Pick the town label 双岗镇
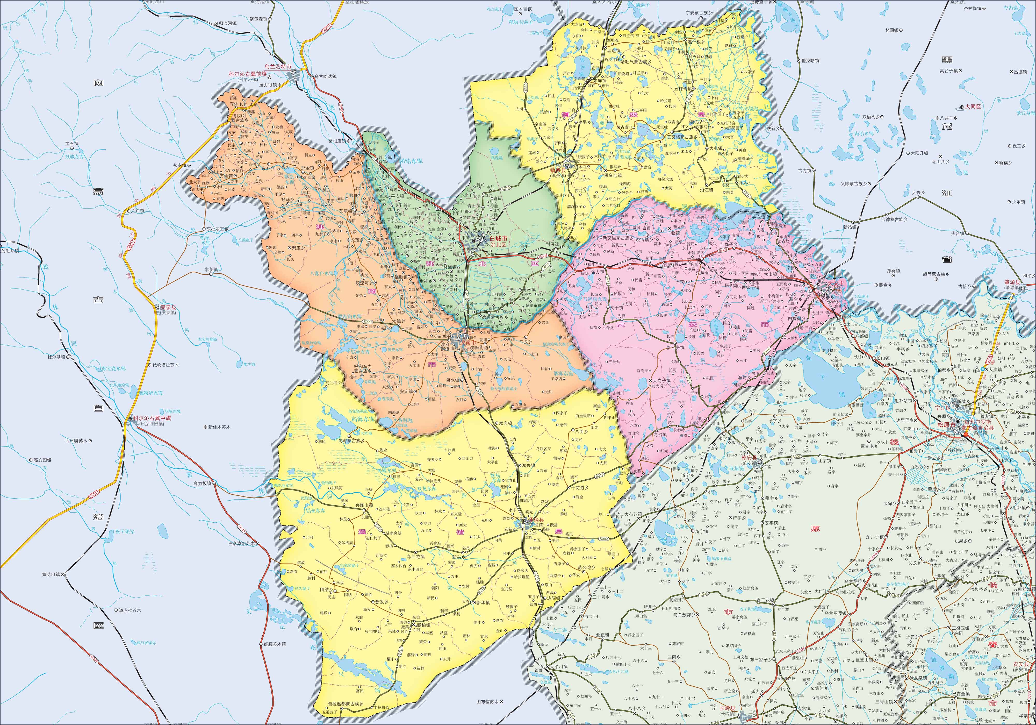pos(503,423)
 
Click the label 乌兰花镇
pos(416,557)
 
